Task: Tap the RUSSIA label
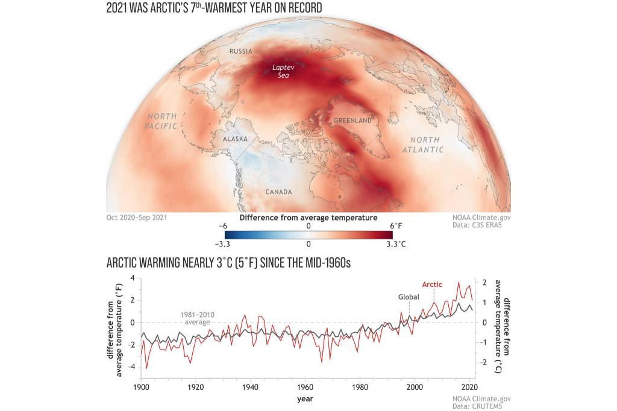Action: (x=240, y=51)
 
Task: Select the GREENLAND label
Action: (x=352, y=121)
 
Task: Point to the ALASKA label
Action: (x=236, y=139)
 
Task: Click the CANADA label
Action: (x=278, y=192)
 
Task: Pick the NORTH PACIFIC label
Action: (x=161, y=121)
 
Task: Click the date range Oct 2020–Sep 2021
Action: (x=137, y=216)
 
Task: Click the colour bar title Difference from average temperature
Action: (x=308, y=217)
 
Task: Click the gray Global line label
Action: (x=409, y=297)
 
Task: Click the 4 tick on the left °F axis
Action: (x=133, y=278)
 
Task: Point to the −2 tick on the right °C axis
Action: (x=484, y=362)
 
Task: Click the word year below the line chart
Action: (x=305, y=398)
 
